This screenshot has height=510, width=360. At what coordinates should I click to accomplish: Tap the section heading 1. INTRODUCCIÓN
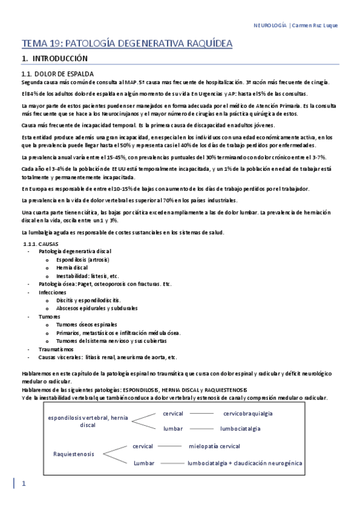55,59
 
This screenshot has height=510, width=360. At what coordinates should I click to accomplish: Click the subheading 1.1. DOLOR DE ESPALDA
57,73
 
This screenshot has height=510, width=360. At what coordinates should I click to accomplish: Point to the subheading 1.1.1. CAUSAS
40,244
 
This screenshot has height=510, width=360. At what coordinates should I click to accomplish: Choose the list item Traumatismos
56,348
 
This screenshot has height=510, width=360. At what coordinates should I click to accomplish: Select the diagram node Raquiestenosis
73,454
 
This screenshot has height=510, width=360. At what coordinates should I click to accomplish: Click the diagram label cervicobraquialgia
248,413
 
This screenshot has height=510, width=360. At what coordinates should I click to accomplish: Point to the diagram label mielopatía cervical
214,446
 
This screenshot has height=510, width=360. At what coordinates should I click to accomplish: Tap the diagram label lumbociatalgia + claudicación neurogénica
245,463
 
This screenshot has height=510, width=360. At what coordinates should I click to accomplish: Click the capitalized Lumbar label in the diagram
144,463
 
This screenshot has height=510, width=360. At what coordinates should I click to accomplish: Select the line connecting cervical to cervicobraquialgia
202,413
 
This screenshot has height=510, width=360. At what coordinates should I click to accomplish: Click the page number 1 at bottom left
23,484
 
